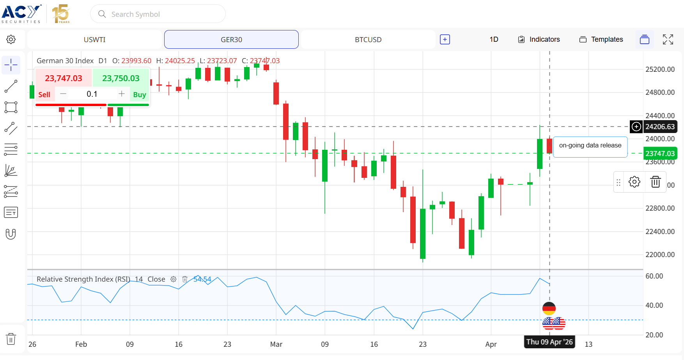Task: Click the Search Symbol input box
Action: [x=158, y=14]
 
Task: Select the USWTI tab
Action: [x=94, y=39]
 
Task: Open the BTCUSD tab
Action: [x=368, y=39]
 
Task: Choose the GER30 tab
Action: [x=231, y=39]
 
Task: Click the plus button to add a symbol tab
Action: [x=445, y=39]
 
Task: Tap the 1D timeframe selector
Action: [x=494, y=39]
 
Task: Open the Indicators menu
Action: [x=539, y=39]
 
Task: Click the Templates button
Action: [x=601, y=39]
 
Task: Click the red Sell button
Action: [x=44, y=94]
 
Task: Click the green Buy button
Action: [x=140, y=94]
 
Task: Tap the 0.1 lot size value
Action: [x=92, y=94]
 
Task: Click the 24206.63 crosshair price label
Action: [x=660, y=127]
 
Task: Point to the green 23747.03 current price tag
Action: [x=660, y=153]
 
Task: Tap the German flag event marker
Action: [x=549, y=309]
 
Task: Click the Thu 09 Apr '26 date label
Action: [x=549, y=342]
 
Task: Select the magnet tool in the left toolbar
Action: [x=11, y=234]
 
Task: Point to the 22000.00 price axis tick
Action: [x=660, y=255]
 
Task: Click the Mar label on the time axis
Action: [x=276, y=344]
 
